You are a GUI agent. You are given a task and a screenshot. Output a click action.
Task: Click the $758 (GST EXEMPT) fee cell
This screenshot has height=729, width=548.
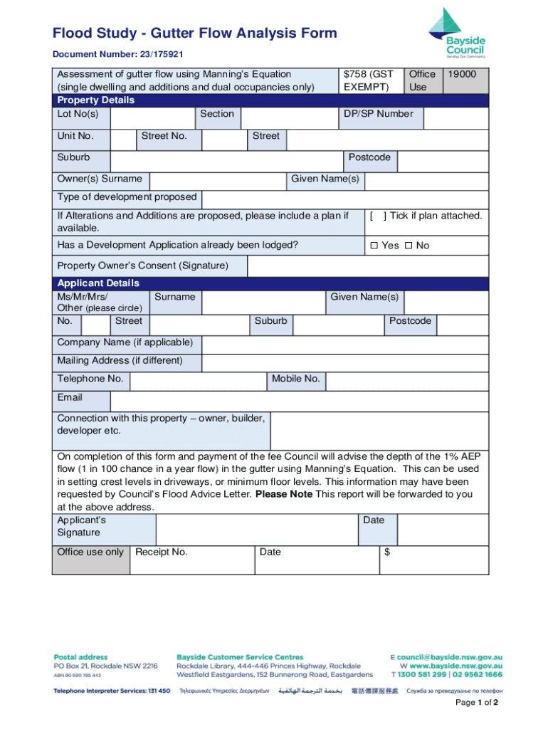(368, 80)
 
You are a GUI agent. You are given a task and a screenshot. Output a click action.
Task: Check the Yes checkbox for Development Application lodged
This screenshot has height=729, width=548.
(374, 246)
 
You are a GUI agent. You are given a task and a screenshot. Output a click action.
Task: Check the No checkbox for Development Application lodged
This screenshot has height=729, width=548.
(409, 246)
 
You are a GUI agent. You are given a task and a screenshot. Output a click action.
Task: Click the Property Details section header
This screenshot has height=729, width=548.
(95, 100)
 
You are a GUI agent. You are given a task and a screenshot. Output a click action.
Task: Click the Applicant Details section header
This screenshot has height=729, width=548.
(98, 283)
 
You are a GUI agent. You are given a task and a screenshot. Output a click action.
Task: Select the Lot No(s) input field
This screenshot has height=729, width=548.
(152, 117)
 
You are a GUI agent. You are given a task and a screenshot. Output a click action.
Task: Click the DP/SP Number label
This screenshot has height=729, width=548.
(378, 114)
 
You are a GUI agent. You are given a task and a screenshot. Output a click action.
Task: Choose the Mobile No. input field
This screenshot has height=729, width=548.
(406, 381)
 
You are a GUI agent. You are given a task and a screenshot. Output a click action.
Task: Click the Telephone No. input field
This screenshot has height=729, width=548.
(199, 381)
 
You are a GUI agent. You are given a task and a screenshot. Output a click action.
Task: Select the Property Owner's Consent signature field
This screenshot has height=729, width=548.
(367, 266)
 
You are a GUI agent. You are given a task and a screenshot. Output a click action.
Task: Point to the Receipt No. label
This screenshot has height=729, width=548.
(162, 552)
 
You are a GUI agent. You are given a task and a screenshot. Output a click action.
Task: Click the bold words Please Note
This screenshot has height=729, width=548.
(283, 494)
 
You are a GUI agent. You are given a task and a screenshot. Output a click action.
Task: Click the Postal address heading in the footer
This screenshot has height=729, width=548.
(81, 657)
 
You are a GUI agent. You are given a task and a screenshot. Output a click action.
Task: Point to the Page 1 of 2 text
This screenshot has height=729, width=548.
(477, 703)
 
